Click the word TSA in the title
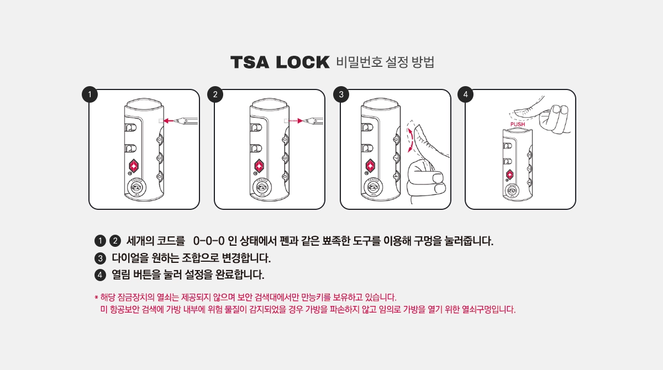point(250,62)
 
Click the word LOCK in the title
point(303,62)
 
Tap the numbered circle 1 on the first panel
point(90,94)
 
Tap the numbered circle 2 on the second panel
point(215,94)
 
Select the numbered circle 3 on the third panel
point(341,94)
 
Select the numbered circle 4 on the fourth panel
point(465,94)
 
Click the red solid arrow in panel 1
point(169,121)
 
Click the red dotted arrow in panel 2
point(296,121)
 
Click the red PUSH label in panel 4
point(518,124)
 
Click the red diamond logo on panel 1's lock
point(134,166)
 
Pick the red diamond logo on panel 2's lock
point(259,166)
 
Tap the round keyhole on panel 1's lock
point(137,187)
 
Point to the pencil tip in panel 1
point(175,121)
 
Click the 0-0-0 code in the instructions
point(209,241)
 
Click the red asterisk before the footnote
point(96,297)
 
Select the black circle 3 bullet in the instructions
point(101,258)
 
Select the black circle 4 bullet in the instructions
point(101,275)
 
